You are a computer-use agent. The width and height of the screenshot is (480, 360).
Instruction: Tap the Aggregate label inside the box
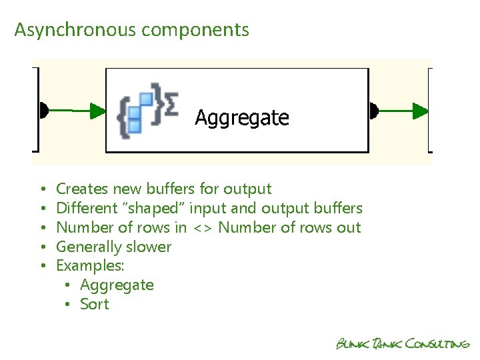242,118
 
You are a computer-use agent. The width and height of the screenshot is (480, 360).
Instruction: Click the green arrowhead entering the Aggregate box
98,110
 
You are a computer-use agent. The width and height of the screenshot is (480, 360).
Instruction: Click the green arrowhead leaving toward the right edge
421,110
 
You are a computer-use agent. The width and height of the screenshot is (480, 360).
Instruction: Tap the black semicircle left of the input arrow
43,110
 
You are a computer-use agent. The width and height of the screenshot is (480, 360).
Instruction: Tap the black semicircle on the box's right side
373,110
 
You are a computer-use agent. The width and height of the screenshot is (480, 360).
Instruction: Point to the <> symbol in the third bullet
203,228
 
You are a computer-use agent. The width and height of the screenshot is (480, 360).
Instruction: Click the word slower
146,247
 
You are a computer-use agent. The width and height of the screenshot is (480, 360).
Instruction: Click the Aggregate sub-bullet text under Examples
117,285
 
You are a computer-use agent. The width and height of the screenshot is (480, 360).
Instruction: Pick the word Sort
94,305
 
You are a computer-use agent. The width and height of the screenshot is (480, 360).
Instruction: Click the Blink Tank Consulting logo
403,344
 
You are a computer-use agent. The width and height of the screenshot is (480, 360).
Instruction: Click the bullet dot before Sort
68,305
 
